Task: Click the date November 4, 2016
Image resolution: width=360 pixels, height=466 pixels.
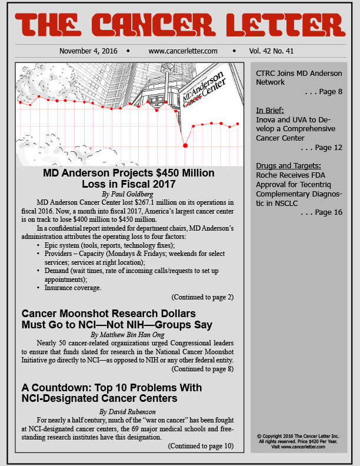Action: (x=88, y=51)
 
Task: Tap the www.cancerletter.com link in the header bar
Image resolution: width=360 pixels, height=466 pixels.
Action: (x=183, y=51)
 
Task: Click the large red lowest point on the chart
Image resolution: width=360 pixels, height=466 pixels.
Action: (x=185, y=145)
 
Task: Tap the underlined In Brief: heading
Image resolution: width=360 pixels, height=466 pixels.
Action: (x=270, y=109)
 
